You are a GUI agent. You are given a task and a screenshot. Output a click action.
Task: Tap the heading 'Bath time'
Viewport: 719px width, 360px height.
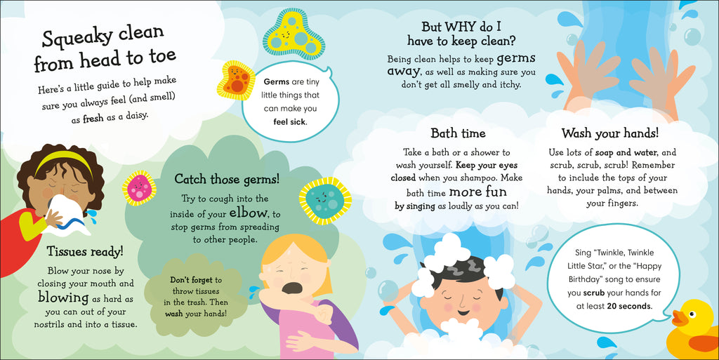tap(458, 133)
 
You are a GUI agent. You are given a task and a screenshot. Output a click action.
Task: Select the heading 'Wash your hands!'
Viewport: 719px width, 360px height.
tap(609, 133)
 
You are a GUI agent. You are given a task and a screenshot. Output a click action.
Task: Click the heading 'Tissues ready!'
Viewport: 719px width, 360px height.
tap(84, 251)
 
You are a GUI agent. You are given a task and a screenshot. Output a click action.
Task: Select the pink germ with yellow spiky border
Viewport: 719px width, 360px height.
tap(139, 187)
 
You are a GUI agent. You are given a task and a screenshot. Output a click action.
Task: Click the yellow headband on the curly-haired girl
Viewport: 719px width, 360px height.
tap(63, 160)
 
